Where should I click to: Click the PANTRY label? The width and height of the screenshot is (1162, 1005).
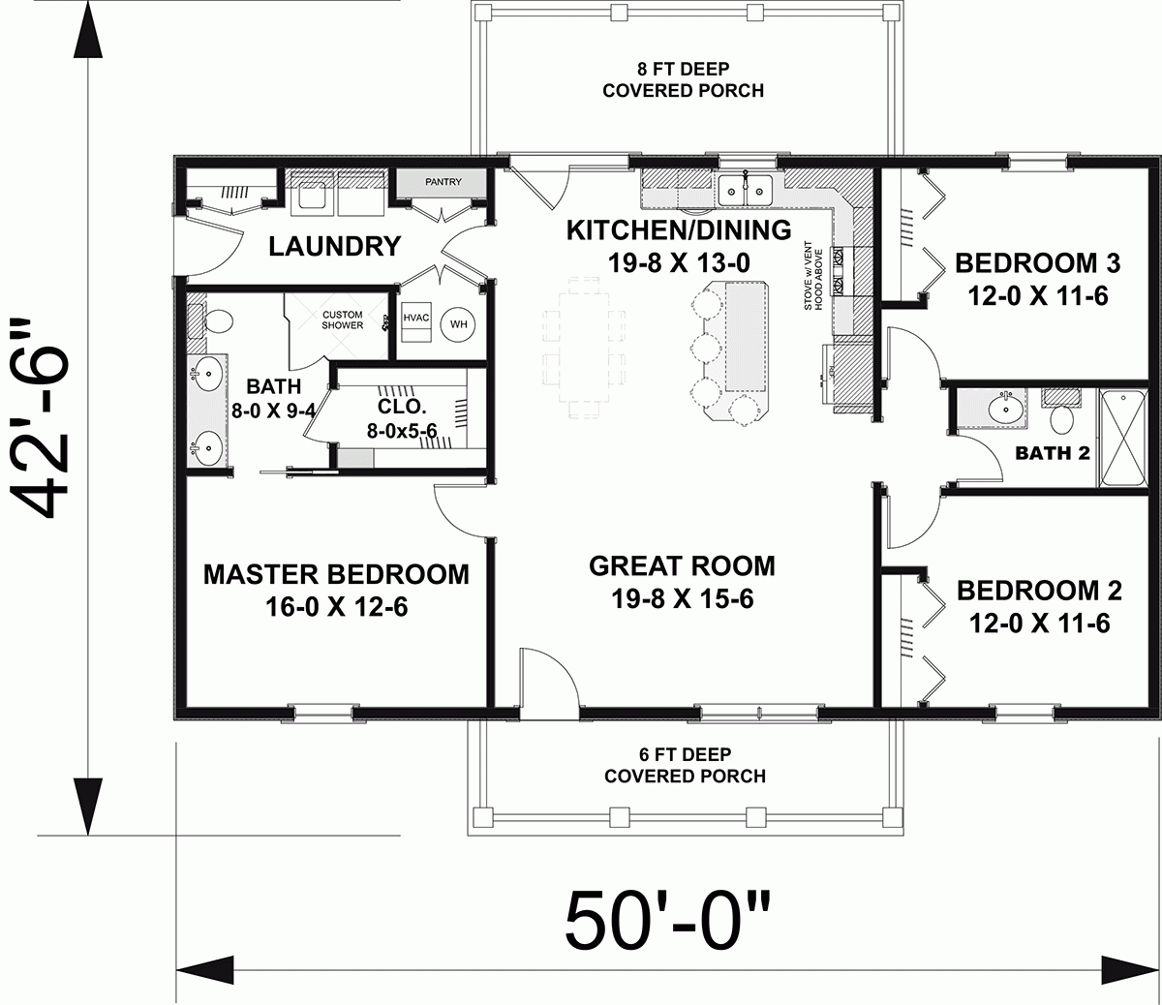[443, 182]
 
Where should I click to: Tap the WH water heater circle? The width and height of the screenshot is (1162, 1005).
[458, 324]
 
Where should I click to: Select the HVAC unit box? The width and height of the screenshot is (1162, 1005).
[415, 324]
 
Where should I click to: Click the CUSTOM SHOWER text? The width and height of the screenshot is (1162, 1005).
[342, 320]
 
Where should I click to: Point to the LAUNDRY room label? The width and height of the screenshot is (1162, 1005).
[334, 247]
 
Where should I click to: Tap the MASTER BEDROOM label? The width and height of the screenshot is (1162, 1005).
[335, 574]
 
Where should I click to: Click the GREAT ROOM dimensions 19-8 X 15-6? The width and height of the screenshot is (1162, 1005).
[682, 599]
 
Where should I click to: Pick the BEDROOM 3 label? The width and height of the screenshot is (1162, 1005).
[1037, 262]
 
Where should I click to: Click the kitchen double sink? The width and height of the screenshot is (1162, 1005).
[745, 190]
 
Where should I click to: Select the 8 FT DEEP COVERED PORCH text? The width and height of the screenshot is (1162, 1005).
[683, 80]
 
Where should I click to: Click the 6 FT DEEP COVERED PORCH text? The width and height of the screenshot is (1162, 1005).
[685, 765]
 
